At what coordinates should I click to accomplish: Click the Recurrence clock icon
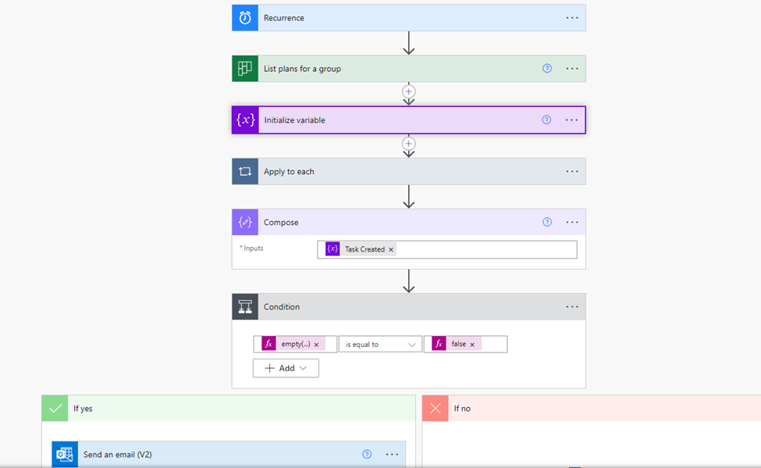pos(245,18)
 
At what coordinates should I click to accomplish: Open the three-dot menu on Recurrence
pos(572,18)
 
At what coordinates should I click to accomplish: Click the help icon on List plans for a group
pos(547,69)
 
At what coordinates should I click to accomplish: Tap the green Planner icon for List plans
pos(245,69)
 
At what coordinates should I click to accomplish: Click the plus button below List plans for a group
pos(409,91)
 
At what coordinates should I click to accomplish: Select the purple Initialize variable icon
pos(245,120)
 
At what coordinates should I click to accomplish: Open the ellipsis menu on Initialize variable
pos(571,120)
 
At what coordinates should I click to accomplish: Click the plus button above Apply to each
pos(409,143)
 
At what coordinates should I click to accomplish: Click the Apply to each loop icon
pos(245,172)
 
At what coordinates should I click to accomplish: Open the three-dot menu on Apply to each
pos(572,172)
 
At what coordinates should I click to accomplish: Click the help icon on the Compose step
pos(547,222)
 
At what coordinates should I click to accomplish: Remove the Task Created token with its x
pos(391,250)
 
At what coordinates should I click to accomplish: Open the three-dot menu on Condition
pos(572,306)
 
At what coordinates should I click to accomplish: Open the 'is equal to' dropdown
pos(380,344)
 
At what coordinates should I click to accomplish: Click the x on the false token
pos(472,345)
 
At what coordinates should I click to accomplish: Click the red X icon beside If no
pos(436,408)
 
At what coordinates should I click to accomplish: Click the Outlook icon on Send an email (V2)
pos(65,455)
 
